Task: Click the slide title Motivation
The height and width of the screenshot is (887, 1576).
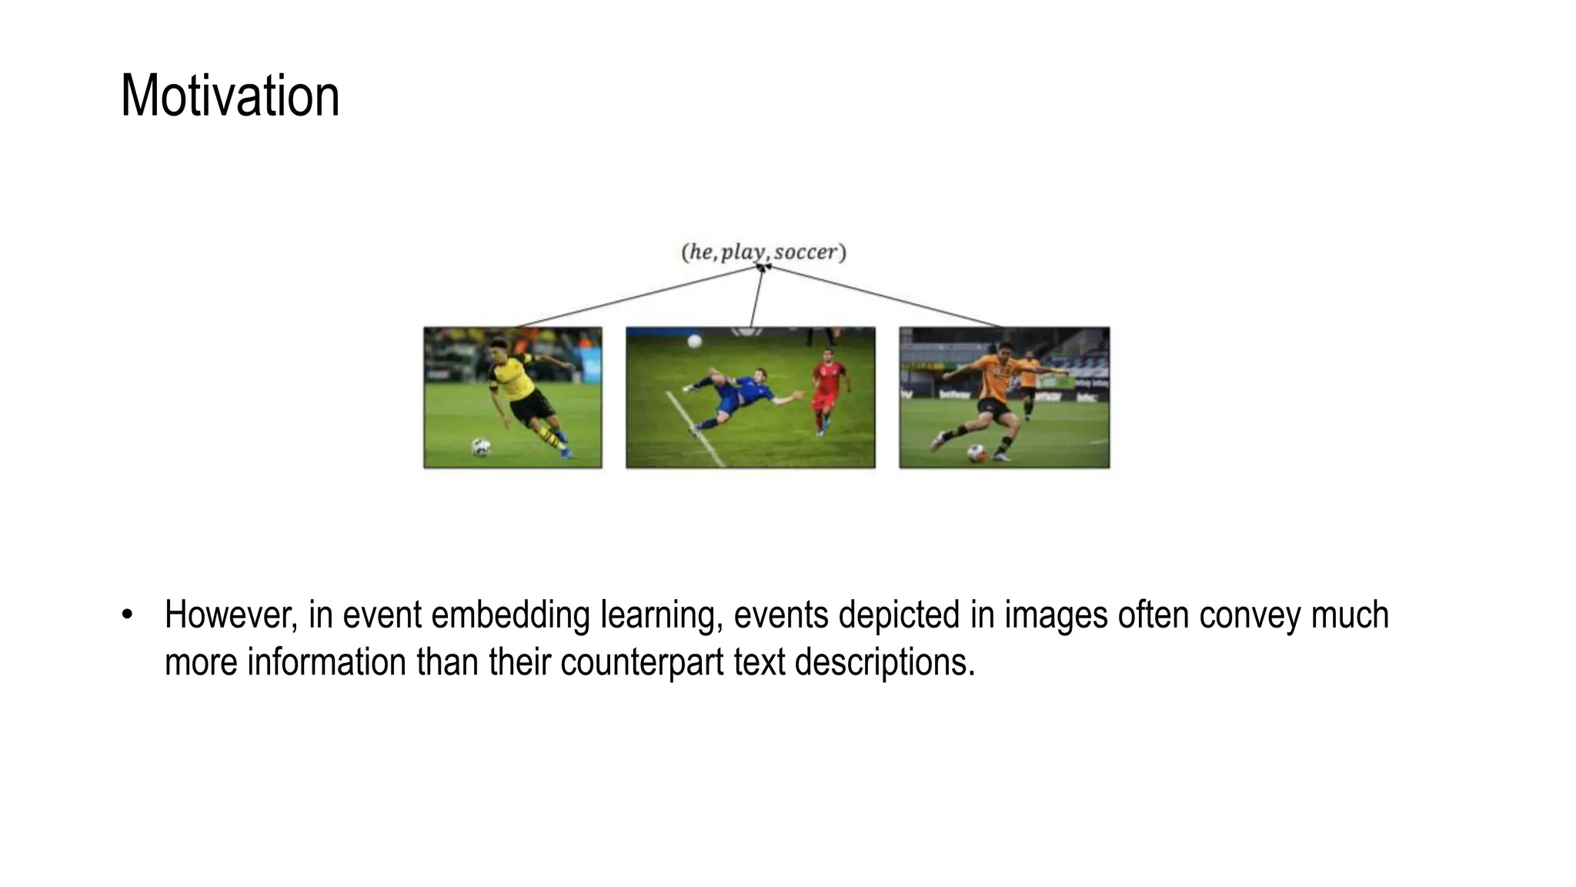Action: click(x=229, y=96)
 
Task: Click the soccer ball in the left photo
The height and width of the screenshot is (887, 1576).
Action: click(x=481, y=447)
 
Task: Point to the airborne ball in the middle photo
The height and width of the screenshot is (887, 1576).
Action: click(x=694, y=340)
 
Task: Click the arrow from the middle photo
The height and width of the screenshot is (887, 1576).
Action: click(x=756, y=296)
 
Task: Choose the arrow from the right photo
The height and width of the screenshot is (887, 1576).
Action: click(x=885, y=296)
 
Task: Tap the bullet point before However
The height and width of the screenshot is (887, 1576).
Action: click(x=127, y=615)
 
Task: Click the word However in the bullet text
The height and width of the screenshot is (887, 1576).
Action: click(x=230, y=615)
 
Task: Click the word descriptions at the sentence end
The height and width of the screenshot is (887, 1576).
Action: click(x=884, y=662)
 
